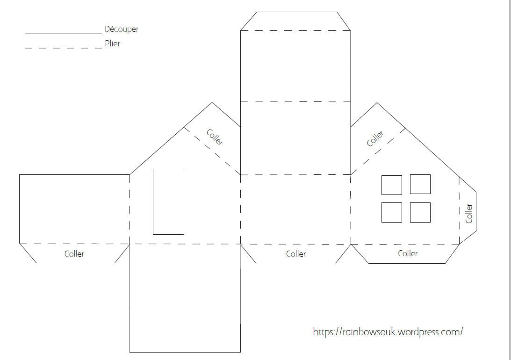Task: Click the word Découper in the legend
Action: click(122, 29)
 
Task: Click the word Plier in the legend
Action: click(112, 43)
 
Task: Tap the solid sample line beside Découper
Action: click(64, 34)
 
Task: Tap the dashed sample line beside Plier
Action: click(64, 48)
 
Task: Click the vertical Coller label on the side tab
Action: click(469, 213)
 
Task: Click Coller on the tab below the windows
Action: click(408, 253)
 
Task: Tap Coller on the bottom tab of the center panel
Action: click(296, 254)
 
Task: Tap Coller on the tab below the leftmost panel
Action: click(74, 254)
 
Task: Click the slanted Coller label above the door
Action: click(215, 137)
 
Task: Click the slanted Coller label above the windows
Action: click(375, 139)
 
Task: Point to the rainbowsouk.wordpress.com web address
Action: click(388, 332)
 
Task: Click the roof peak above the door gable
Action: click(212, 103)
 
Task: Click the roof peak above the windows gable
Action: click(377, 103)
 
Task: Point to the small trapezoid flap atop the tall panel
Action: click(295, 21)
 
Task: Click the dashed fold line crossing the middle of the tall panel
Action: click(295, 101)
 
